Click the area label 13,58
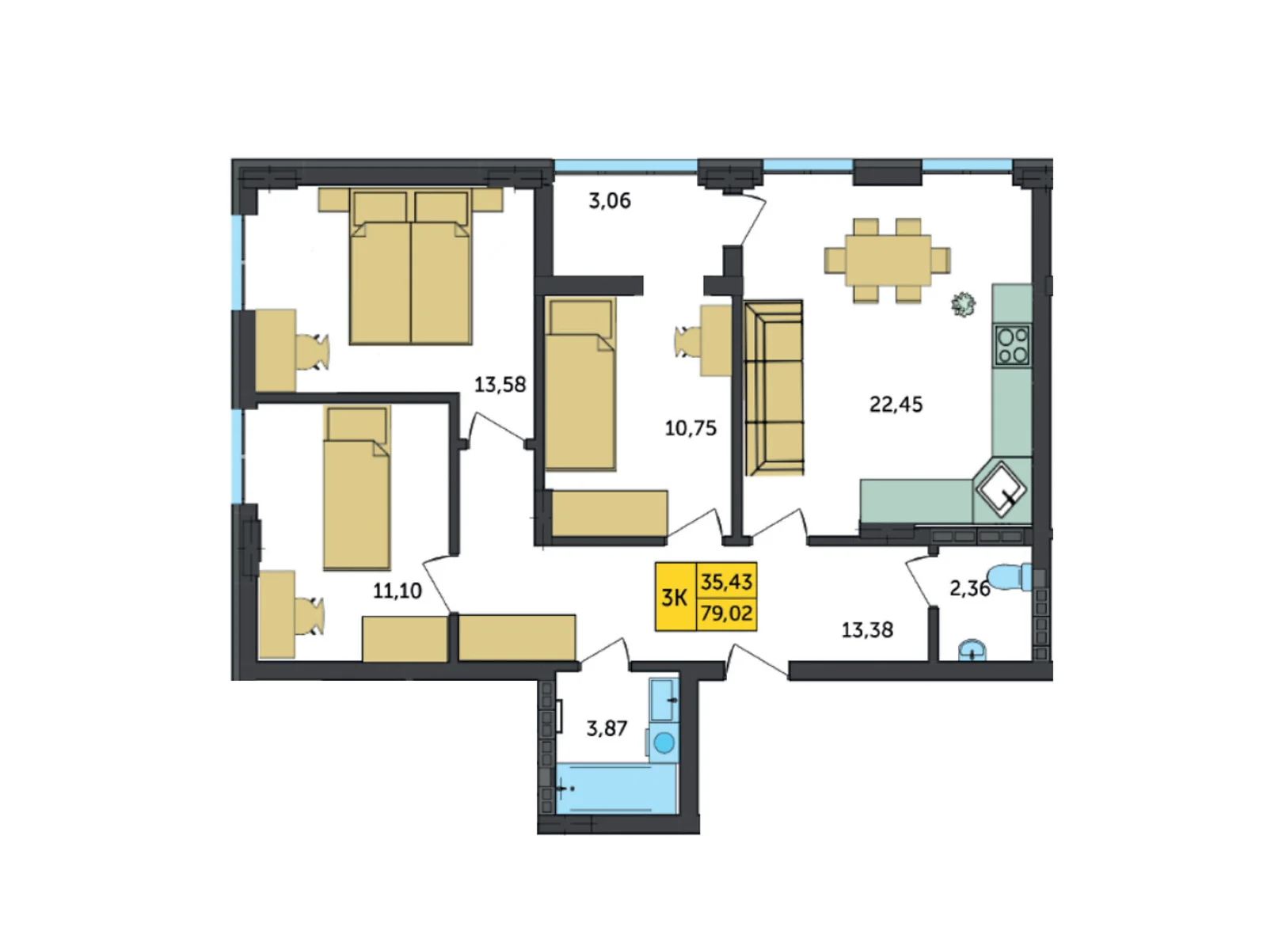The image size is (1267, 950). point(500,385)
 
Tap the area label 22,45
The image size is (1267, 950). point(896,405)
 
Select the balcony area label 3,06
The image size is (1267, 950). point(609,201)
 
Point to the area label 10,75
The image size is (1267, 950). point(690,428)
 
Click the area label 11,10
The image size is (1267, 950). point(397,591)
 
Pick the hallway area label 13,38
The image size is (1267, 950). point(866,630)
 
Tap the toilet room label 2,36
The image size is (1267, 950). point(969,588)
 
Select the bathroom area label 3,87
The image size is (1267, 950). point(606,728)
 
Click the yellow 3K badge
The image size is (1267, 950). point(675,597)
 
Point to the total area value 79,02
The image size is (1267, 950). point(726,613)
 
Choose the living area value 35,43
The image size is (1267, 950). point(726,582)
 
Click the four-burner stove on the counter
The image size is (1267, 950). point(1013,346)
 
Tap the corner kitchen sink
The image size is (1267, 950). point(1002,488)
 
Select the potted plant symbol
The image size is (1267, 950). point(963,304)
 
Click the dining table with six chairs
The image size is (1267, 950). point(887,260)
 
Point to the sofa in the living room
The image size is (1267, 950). point(774,388)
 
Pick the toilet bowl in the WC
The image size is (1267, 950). point(1010,576)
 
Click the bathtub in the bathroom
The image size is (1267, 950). point(616,788)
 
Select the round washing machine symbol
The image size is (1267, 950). point(664,743)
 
